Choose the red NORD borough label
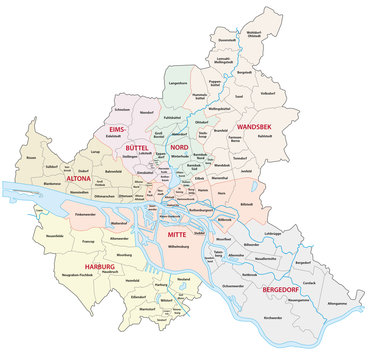(194, 147)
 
